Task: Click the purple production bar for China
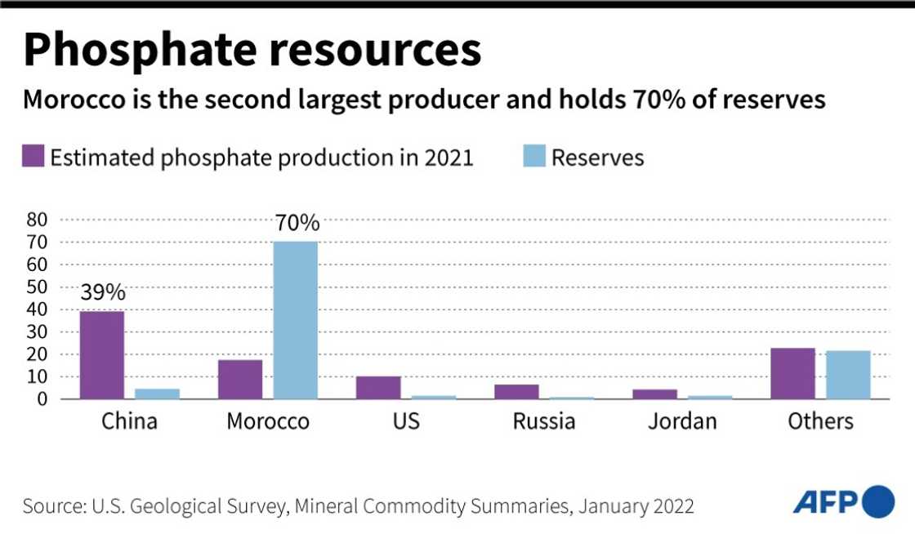102,355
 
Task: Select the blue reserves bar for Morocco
296,320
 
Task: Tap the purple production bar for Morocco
240,379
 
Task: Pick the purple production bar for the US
378,387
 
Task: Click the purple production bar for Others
792,374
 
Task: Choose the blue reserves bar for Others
848,375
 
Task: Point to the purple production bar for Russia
516,391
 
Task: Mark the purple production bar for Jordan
655,394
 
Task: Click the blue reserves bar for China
157,394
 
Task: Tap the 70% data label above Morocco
297,224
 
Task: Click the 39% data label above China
103,292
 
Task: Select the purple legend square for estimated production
33,156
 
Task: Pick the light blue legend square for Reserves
533,156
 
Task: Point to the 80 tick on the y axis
38,220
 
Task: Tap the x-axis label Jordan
682,422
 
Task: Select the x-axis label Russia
544,422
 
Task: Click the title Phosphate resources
252,50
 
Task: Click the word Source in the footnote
51,506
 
